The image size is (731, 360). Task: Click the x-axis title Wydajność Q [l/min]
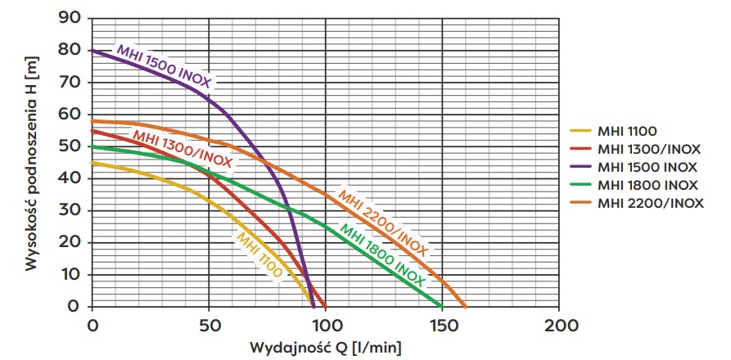point(326,347)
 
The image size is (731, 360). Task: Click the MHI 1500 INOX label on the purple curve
point(164,66)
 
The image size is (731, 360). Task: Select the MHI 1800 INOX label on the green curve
point(382,254)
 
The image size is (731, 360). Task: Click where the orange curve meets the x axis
point(466,307)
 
